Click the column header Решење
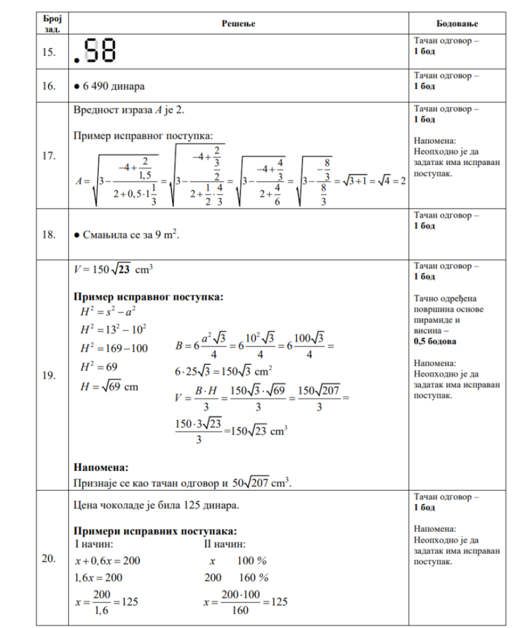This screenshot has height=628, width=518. (x=239, y=23)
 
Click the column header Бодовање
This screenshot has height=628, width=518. (x=457, y=23)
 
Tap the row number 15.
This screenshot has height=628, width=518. (x=49, y=52)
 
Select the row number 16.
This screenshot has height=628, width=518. (x=49, y=86)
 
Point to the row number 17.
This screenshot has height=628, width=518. (x=49, y=156)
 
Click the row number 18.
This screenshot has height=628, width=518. (x=49, y=235)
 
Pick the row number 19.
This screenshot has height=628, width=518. (x=49, y=375)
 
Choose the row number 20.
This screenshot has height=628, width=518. (x=49, y=559)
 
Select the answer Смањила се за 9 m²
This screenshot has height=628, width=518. (x=127, y=235)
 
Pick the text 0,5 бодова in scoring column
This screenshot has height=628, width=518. (x=435, y=341)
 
